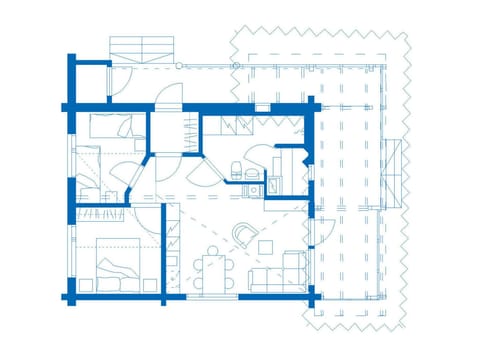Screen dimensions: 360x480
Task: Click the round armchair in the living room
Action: coord(244,234)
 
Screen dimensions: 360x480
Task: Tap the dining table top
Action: coord(212,271)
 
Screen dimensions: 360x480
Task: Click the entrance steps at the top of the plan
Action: coord(140,48)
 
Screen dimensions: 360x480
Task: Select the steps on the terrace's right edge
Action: coord(397,170)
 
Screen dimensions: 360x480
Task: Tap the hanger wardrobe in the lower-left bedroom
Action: coord(103,212)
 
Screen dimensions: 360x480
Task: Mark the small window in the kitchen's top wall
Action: coord(262,105)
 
